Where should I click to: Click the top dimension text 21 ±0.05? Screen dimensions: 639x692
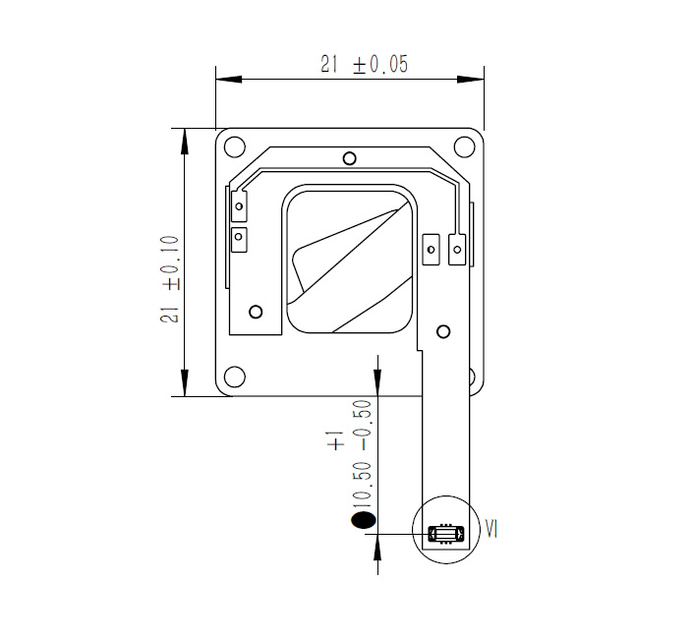tap(364, 65)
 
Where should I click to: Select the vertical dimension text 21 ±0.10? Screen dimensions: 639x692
tap(169, 278)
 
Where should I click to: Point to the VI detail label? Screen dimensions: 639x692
tap(492, 530)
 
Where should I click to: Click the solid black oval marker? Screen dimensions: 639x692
tap(363, 520)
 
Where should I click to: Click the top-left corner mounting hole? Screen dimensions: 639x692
tap(234, 147)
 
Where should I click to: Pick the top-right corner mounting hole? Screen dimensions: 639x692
tap(465, 147)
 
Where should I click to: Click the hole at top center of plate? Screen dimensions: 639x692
tap(349, 158)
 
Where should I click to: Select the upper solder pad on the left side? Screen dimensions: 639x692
tap(238, 206)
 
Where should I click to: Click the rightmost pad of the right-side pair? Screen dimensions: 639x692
tap(456, 250)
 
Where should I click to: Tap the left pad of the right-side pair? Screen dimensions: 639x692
tap(430, 250)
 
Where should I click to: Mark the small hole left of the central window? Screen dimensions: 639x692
tap(256, 312)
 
